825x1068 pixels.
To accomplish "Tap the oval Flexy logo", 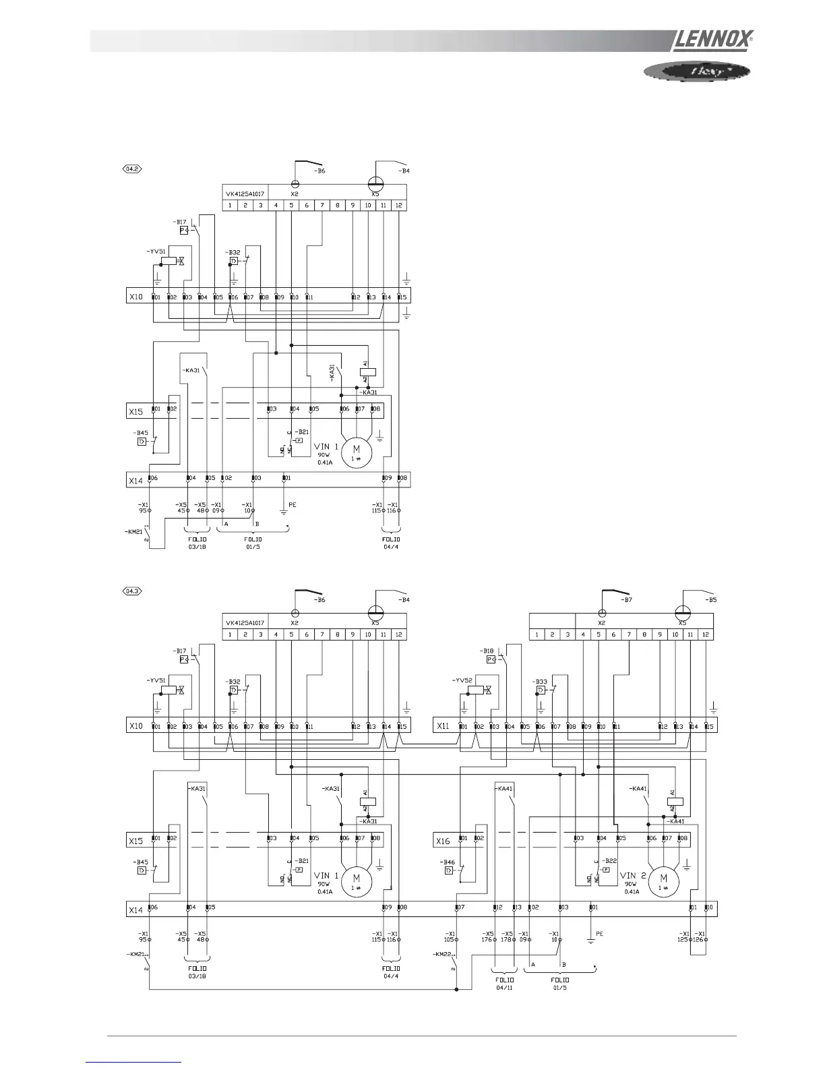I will coord(693,70).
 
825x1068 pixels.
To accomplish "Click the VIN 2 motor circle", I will coord(663,879).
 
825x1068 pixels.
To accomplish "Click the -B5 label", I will coord(709,599).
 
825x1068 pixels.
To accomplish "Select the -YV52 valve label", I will coord(462,680).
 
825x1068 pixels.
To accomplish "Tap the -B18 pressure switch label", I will coord(487,651).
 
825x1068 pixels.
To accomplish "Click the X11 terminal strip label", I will coord(442,726).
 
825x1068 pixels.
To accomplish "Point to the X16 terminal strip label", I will coord(442,841).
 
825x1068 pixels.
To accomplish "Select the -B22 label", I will coord(609,862).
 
